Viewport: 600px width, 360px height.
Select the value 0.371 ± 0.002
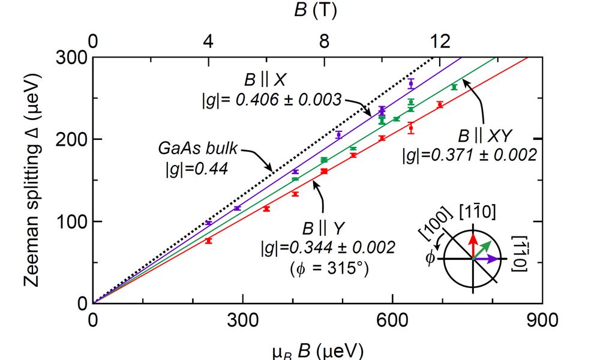point(485,155)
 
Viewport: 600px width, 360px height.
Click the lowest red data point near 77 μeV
point(209,240)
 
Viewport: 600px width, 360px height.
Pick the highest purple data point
point(411,83)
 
